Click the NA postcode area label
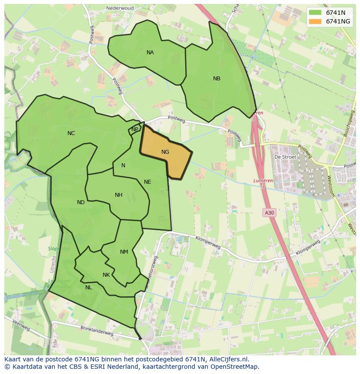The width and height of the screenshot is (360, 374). coord(150,53)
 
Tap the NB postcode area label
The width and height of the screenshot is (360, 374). coord(217,79)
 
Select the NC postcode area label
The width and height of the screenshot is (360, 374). coord(71,133)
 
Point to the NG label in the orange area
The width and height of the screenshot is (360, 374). coord(165,152)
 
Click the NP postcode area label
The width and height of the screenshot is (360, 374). coord(135,129)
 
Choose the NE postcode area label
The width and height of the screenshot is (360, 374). coord(147,182)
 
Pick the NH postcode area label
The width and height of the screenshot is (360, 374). coord(118,195)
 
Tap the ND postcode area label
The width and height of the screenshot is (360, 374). coord(81,202)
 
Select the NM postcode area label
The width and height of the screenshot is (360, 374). coord(124,252)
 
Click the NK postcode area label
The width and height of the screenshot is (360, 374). coord(106,275)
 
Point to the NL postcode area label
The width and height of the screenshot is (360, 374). coord(88,288)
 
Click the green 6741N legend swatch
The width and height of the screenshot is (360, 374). coord(315,13)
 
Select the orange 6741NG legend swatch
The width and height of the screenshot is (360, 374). coord(315,21)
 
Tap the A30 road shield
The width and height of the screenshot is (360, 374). coord(269,212)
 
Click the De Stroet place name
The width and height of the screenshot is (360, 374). coord(285,157)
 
